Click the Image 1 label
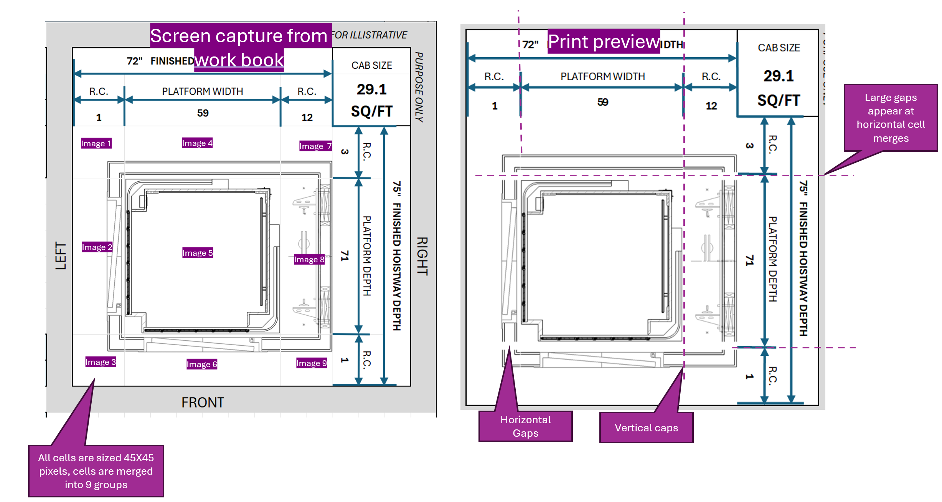tap(96, 144)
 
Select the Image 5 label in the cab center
tap(197, 253)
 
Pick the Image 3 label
tap(100, 362)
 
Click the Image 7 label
tap(315, 146)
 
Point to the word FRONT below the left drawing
tap(203, 403)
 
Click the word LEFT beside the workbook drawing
tap(61, 256)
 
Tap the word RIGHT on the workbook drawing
tap(422, 256)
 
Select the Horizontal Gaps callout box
tap(525, 426)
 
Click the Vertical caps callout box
tap(646, 427)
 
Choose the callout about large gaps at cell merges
tap(891, 118)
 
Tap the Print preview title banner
tap(603, 41)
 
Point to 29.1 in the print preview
tap(778, 76)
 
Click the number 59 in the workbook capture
tap(203, 113)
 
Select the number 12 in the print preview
tap(711, 106)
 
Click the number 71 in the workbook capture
tap(345, 256)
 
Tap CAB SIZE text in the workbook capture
tap(371, 65)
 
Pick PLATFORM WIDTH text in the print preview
tap(602, 76)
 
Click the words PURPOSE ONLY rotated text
tap(419, 87)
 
